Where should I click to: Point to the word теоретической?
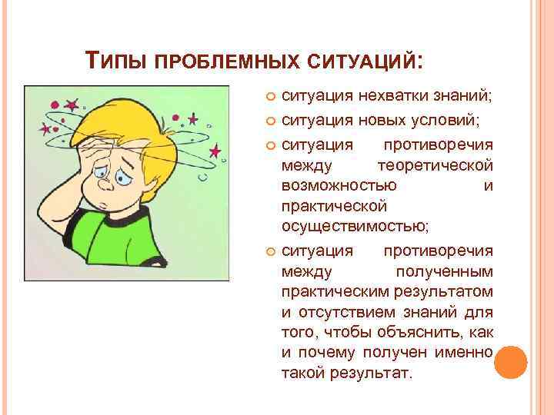tap(436, 165)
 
